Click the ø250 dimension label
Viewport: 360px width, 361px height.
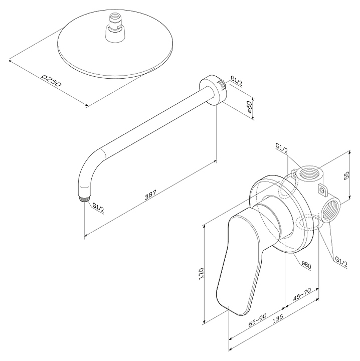click(52, 80)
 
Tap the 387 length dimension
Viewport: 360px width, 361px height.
click(150, 195)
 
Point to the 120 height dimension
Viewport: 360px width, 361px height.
click(201, 274)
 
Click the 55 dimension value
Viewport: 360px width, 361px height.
click(346, 175)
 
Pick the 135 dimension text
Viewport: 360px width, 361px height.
click(277, 319)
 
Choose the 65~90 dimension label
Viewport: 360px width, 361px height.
click(257, 320)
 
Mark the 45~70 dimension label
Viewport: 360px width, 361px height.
click(302, 294)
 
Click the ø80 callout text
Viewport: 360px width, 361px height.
click(306, 265)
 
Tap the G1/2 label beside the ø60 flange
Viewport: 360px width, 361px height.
click(236, 81)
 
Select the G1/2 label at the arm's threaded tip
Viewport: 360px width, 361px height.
click(98, 208)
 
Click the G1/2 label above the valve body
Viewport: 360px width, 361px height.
click(282, 148)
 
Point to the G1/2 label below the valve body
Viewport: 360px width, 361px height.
click(341, 262)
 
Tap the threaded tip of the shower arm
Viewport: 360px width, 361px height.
click(84, 199)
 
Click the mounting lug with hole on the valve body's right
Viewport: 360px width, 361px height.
click(322, 190)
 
